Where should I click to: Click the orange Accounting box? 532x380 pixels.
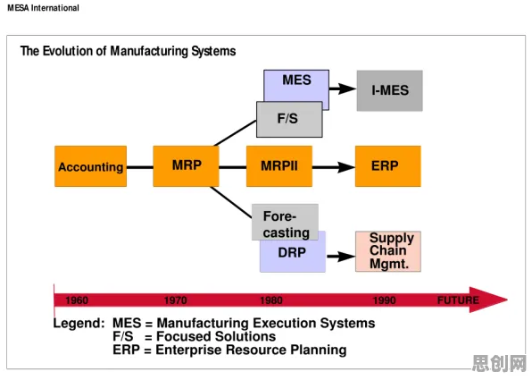[90, 166]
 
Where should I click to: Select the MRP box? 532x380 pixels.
[186, 166]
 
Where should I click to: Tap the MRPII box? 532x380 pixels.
[279, 166]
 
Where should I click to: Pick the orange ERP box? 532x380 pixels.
[388, 166]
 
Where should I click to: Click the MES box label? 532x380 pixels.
[296, 80]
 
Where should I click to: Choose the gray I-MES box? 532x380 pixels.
[390, 90]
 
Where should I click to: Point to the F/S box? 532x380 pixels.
[289, 119]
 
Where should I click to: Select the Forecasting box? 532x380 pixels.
[285, 223]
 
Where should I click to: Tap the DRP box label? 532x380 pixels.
[292, 252]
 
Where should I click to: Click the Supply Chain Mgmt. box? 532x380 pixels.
[388, 251]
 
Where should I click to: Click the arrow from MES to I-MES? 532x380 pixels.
[343, 89]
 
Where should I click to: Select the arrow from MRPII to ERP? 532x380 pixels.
[334, 167]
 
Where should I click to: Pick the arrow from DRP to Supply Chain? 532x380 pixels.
[341, 257]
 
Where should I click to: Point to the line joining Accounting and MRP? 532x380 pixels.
[140, 167]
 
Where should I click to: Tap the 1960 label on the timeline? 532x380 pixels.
[77, 300]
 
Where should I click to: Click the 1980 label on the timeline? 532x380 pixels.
[271, 300]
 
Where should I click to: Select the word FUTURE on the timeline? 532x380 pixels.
[458, 300]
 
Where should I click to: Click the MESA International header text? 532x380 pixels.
[43, 8]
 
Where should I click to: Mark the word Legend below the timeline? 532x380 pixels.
[79, 324]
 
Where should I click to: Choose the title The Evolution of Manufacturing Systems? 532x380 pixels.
[128, 51]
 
